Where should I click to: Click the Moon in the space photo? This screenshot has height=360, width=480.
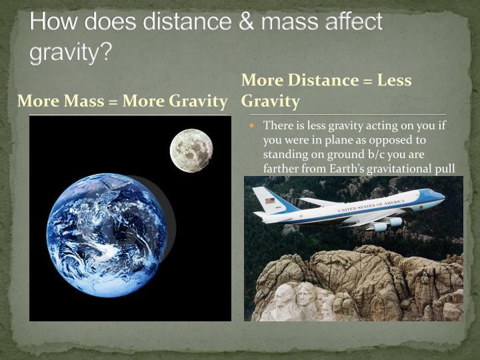(191, 151)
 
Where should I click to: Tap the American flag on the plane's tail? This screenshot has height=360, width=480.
(269, 200)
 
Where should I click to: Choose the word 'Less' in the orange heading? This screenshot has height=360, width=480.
(394, 81)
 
